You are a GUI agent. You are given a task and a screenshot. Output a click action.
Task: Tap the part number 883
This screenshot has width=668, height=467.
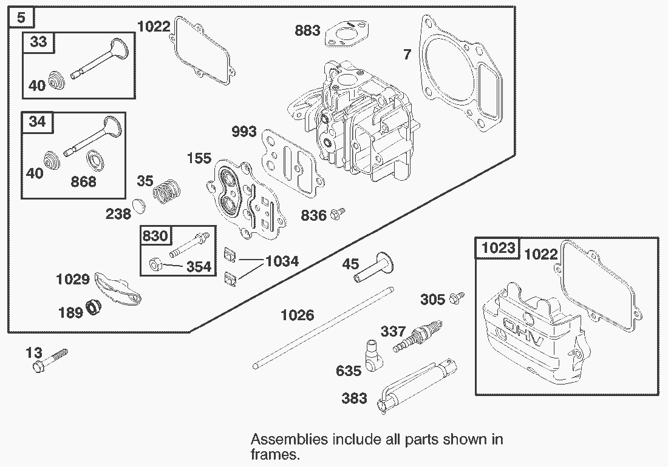coord(307,30)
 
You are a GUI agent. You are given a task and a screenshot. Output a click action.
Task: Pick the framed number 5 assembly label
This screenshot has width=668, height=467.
coord(21,18)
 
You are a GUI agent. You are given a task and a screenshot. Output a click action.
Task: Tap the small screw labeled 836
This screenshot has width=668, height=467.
coord(338,214)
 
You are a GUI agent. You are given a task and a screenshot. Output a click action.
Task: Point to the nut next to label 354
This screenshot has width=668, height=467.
coord(155,264)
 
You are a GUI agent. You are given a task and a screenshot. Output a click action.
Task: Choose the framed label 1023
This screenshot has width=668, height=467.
coord(498,247)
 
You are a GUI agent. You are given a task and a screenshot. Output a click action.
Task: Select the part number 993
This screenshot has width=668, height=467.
coord(244,132)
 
